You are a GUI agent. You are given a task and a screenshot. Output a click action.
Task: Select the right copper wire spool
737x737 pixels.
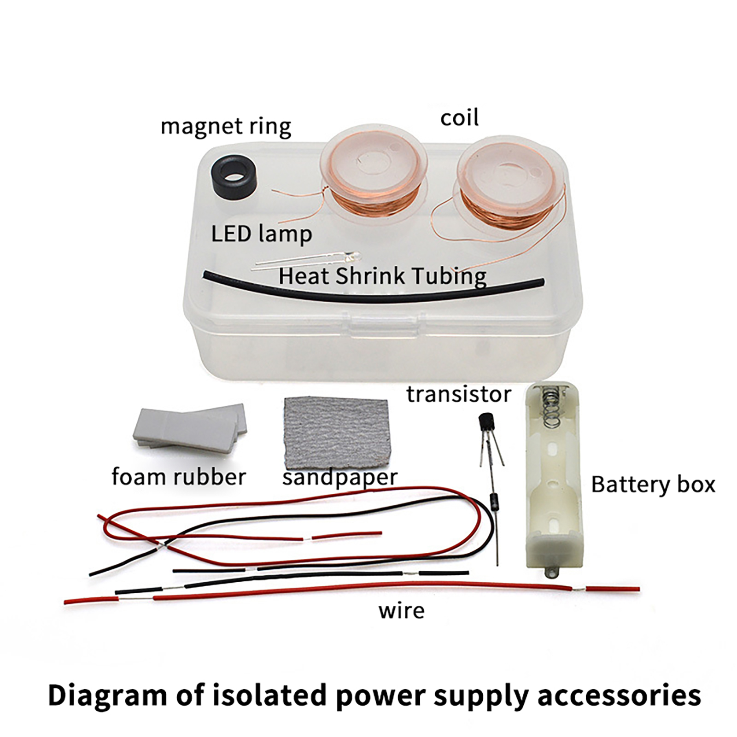point(510,184)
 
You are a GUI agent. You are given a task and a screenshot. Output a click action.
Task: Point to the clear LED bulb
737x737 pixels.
point(354,256)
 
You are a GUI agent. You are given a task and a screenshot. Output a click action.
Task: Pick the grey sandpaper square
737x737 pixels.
point(336,433)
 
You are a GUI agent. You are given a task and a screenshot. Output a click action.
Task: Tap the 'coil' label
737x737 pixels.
point(459,118)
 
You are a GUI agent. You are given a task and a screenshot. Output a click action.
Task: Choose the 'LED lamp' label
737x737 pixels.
point(261,234)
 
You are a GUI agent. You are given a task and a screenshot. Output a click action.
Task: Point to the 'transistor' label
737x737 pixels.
point(458,394)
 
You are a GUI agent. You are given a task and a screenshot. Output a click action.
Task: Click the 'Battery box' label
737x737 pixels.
point(653,485)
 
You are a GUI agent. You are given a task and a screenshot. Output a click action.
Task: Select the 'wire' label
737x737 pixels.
point(401,611)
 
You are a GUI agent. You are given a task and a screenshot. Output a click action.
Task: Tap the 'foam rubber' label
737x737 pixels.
point(179,477)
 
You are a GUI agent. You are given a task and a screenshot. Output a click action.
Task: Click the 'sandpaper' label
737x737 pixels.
point(339,478)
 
